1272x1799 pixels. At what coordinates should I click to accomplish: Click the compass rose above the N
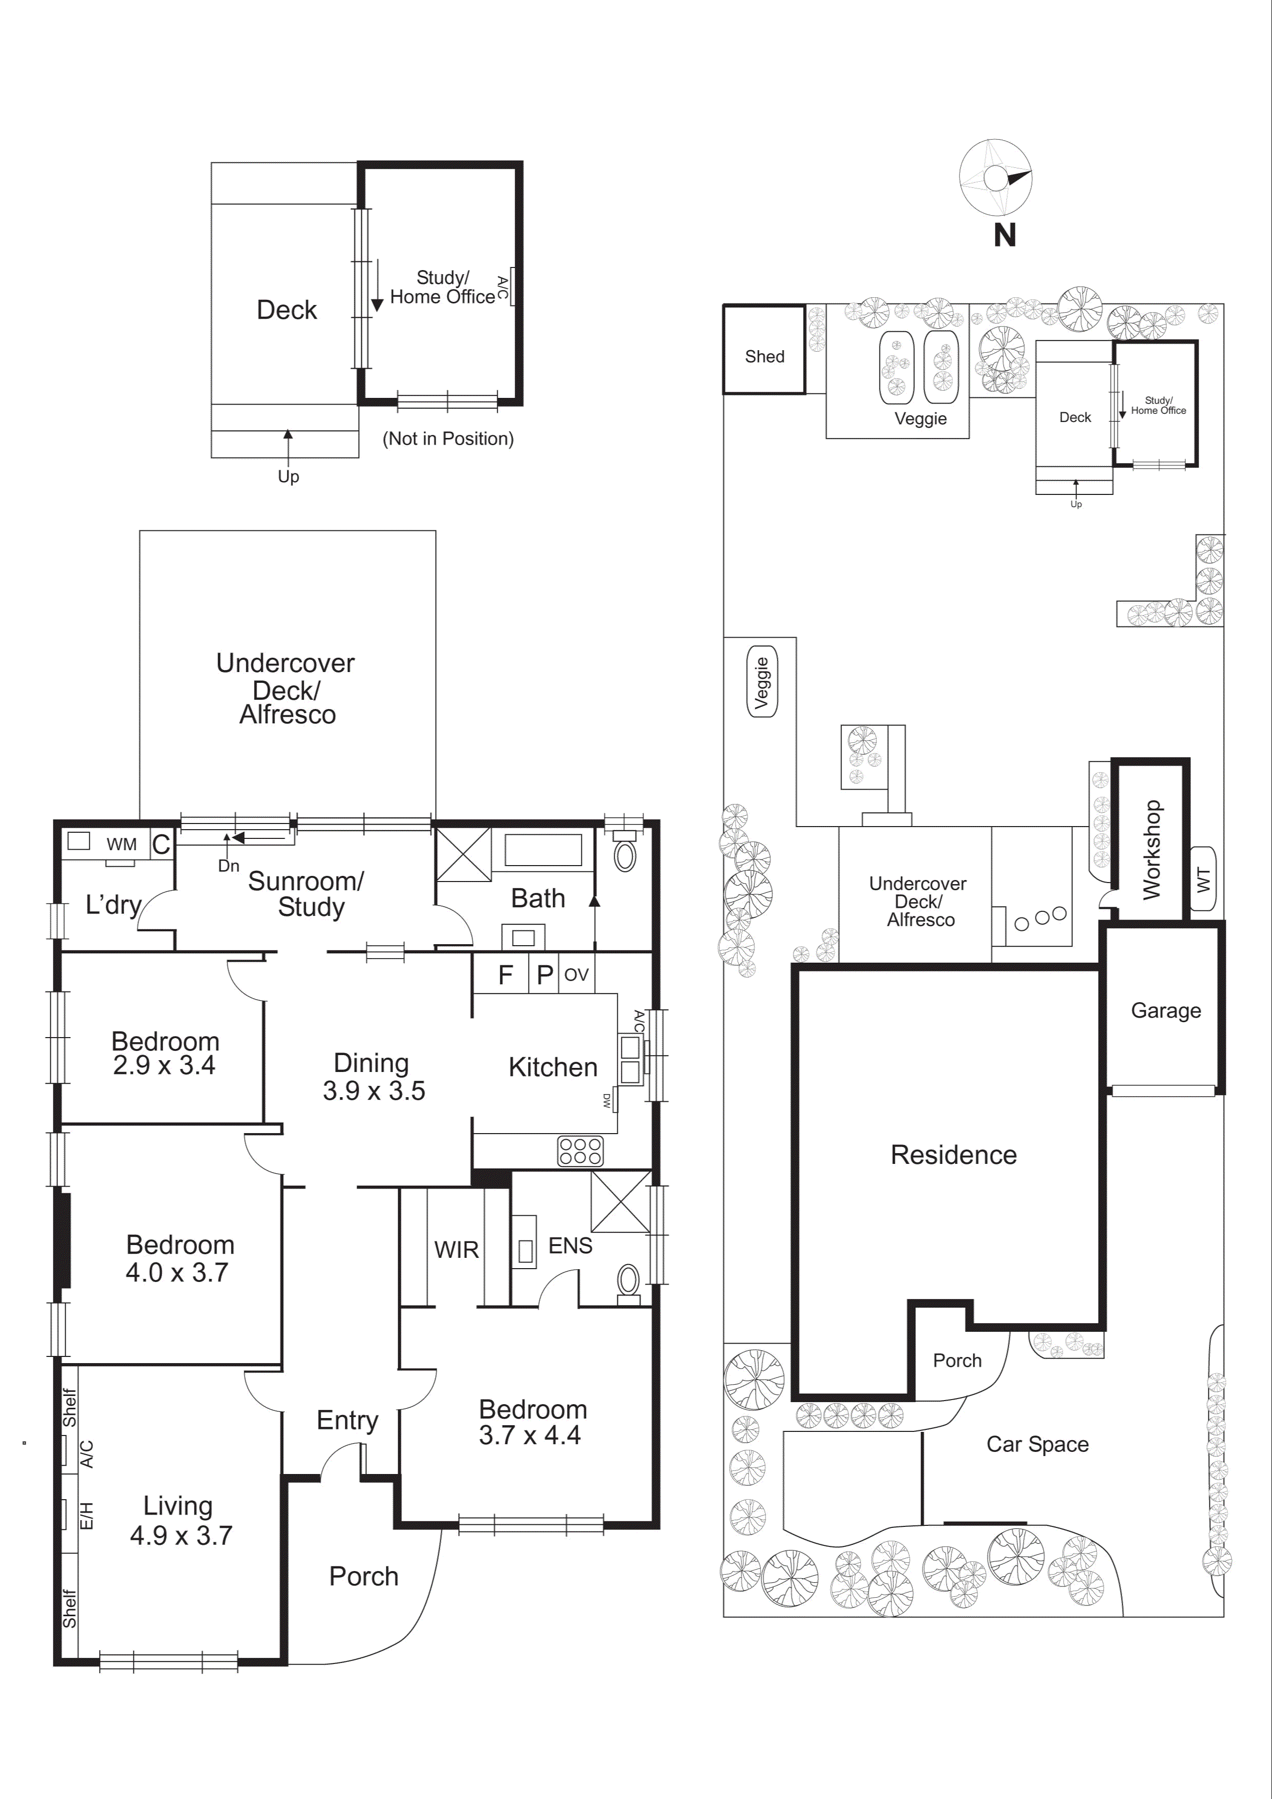995,178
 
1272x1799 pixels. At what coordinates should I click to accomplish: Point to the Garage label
1165,1011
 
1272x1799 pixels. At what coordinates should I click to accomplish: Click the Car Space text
1036,1444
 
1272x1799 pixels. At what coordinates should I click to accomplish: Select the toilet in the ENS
628,1281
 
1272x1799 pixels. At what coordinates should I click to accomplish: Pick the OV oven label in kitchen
576,975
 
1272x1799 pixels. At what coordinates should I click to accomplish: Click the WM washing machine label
122,844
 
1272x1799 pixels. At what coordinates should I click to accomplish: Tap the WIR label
456,1250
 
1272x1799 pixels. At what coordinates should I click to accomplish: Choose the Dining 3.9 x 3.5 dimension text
374,1090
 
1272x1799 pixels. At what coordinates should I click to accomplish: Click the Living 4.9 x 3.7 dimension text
181,1536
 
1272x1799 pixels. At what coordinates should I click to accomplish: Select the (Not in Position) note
447,439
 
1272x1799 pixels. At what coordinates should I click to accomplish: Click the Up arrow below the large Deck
287,451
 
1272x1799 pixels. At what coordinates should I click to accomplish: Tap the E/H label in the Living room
87,1516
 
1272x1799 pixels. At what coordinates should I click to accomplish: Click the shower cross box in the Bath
463,854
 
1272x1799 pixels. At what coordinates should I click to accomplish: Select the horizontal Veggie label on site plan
921,418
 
